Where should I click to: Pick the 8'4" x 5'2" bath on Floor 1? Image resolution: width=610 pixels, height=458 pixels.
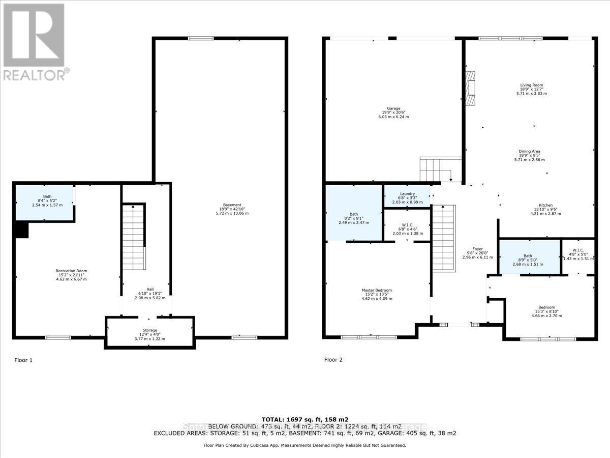pyautogui.click(x=45, y=203)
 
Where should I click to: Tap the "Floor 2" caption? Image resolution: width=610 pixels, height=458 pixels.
pyautogui.click(x=333, y=360)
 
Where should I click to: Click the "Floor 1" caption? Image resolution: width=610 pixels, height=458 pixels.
pyautogui.click(x=23, y=360)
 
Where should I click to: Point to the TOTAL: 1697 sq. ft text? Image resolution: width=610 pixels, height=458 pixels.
pyautogui.click(x=304, y=419)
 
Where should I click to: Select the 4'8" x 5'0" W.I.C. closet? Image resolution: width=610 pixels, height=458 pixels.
pyautogui.click(x=578, y=253)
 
